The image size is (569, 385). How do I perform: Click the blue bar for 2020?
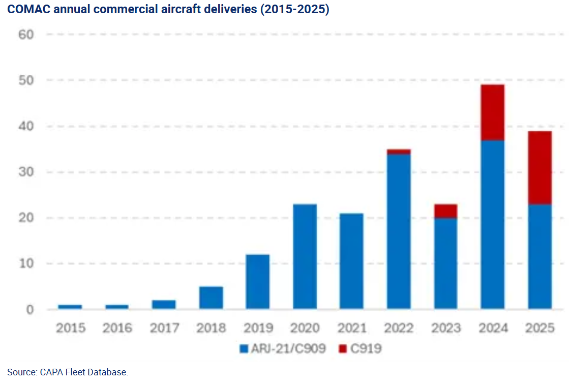pyautogui.click(x=305, y=256)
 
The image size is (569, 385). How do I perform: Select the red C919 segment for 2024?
pyautogui.click(x=492, y=112)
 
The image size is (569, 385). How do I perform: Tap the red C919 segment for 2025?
pyautogui.click(x=540, y=168)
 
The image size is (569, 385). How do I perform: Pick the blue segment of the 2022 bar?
pyautogui.click(x=399, y=231)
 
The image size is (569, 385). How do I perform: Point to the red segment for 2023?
pyautogui.click(x=445, y=211)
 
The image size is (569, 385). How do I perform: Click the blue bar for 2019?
pyautogui.click(x=258, y=282)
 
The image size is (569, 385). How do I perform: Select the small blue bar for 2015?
pyautogui.click(x=70, y=307)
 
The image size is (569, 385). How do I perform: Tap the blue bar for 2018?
pyautogui.click(x=211, y=298)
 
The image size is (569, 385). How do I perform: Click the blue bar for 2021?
pyautogui.click(x=351, y=261)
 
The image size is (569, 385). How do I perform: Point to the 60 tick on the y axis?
pyautogui.click(x=26, y=35)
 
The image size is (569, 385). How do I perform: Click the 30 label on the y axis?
pyautogui.click(x=26, y=172)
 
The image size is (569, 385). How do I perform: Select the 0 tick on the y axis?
pyautogui.click(x=30, y=309)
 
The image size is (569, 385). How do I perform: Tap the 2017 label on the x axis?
pyautogui.click(x=164, y=328)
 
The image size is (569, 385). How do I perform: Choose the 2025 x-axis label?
pyautogui.click(x=540, y=328)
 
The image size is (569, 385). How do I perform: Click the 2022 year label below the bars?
pyautogui.click(x=399, y=328)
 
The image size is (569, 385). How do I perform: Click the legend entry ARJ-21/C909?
pyautogui.click(x=287, y=349)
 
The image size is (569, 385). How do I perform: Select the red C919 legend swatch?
pyautogui.click(x=342, y=349)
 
